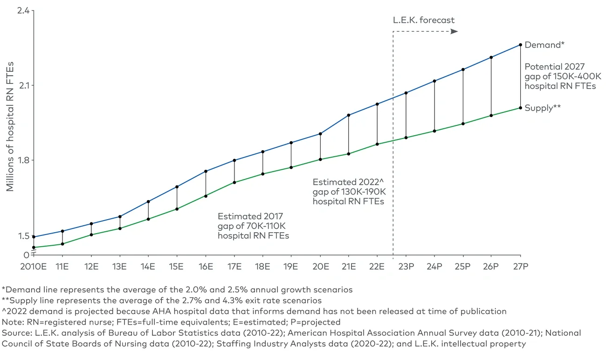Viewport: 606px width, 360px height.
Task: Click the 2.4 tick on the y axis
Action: (x=22, y=10)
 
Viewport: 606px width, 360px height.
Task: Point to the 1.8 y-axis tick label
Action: (x=22, y=160)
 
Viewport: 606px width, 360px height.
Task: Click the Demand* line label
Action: (x=544, y=45)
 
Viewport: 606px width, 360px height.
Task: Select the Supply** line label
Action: (x=542, y=108)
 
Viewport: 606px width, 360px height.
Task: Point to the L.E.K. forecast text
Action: (x=423, y=20)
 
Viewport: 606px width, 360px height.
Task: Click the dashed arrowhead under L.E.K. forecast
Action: (x=454, y=31)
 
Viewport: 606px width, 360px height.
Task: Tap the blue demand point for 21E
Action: (x=349, y=115)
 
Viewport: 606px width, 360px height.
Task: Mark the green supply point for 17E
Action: (x=234, y=182)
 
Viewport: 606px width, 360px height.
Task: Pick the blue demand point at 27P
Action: (x=520, y=45)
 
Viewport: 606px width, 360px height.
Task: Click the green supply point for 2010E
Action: (x=34, y=248)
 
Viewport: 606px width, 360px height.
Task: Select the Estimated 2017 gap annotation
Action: (x=253, y=226)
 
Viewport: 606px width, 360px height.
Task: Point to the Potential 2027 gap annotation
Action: (x=560, y=76)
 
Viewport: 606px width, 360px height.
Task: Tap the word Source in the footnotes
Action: (x=14, y=333)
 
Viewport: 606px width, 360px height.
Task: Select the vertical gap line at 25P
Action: (x=463, y=97)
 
